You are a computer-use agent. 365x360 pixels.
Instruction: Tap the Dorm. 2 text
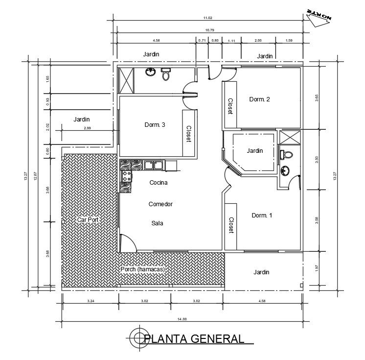coord(259,99)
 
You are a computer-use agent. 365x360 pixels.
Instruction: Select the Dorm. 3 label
coord(155,124)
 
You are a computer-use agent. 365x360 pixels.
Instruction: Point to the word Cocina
coord(159,183)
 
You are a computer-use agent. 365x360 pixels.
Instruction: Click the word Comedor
coord(160,204)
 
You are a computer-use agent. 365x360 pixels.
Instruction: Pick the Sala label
coord(157,223)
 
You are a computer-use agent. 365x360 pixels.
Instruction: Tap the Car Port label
coord(88,220)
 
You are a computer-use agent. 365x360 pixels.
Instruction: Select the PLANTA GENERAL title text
coord(195,338)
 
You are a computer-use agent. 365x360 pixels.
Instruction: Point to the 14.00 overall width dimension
coord(182,319)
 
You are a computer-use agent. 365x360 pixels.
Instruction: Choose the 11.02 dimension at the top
coord(207,18)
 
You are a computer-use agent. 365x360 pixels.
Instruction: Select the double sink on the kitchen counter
coord(154,166)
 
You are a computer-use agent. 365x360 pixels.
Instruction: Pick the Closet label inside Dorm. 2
coord(229,106)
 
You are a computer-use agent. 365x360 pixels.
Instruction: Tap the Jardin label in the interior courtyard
coord(255,150)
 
